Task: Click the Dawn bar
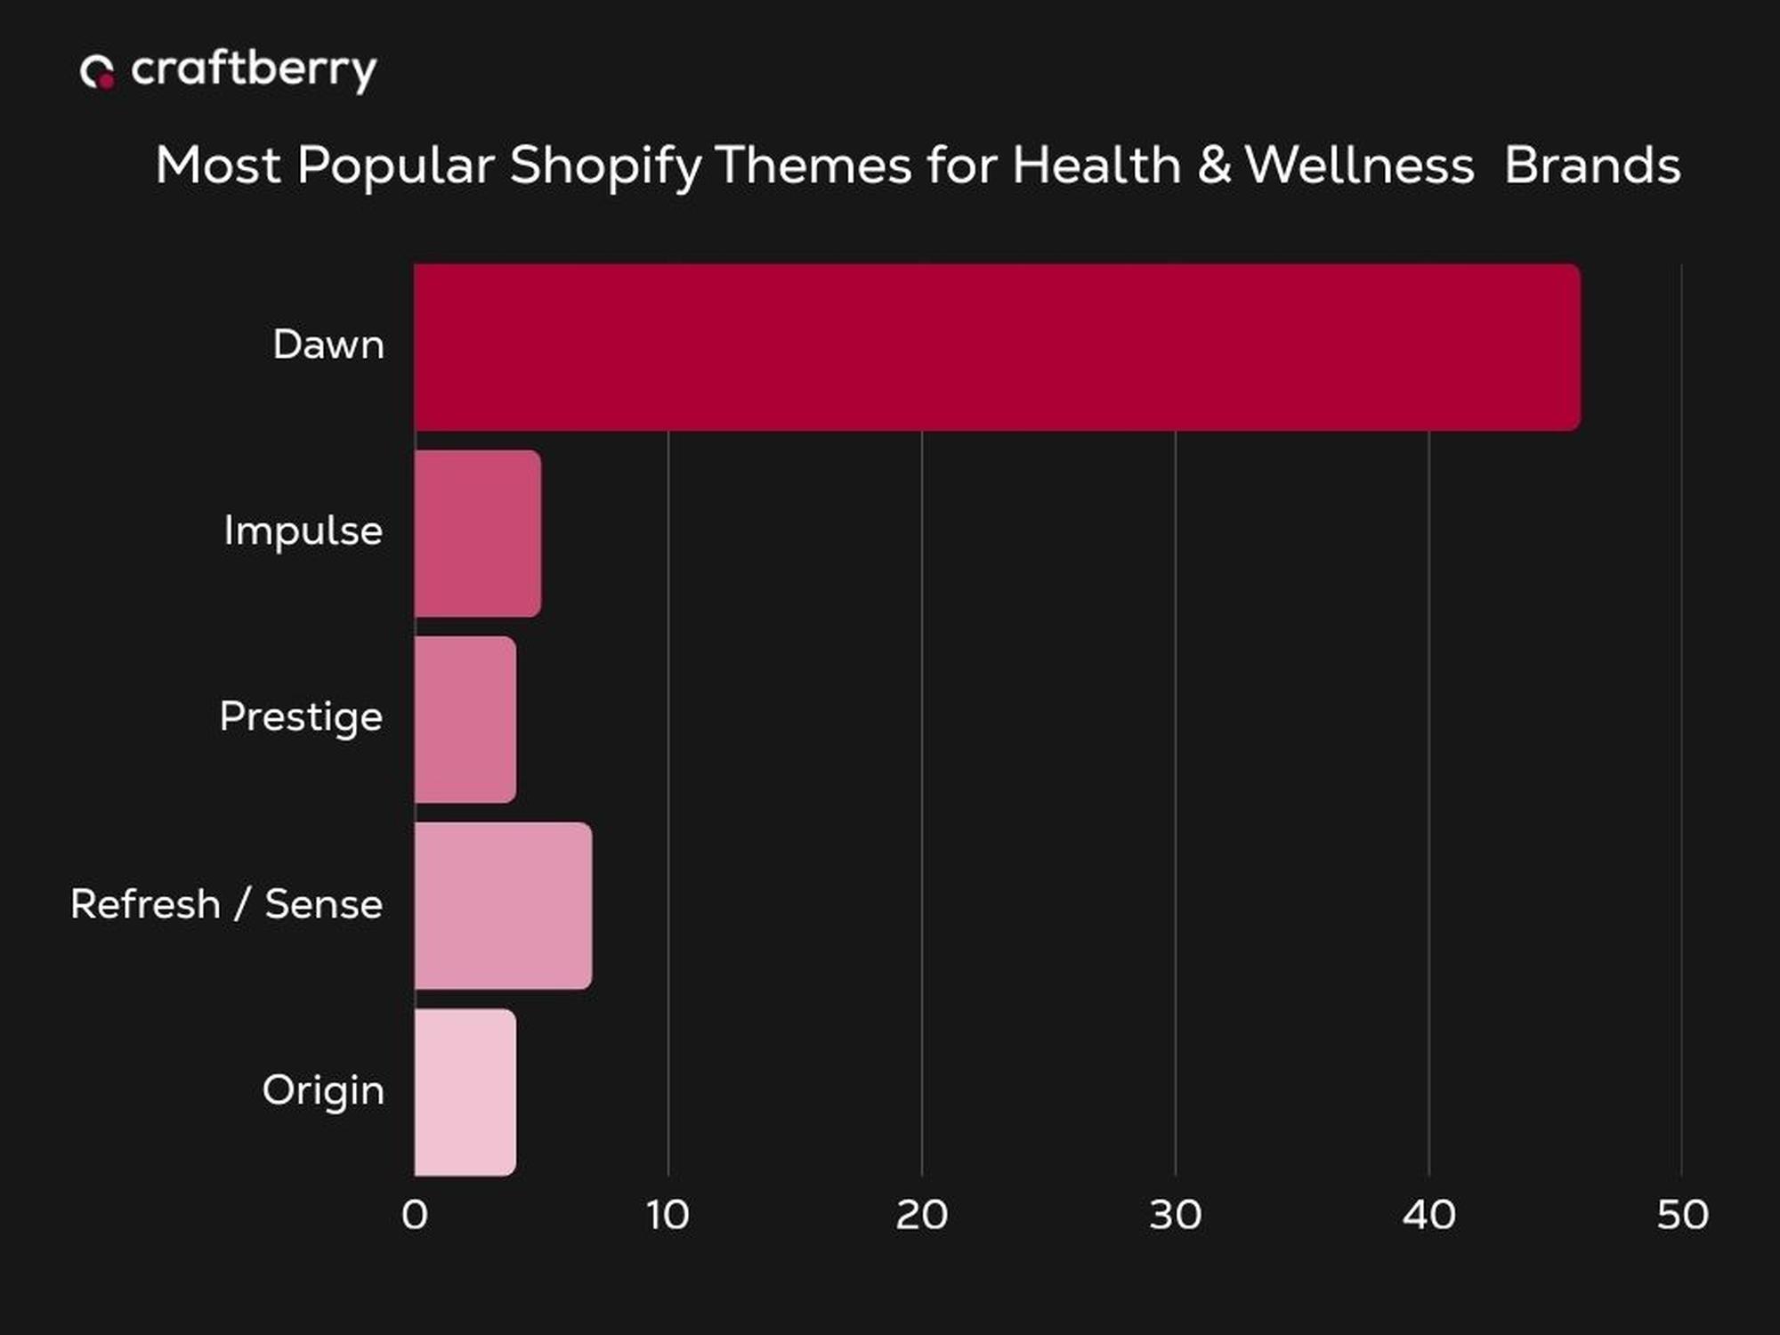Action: click(997, 347)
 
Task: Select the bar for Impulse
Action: click(478, 533)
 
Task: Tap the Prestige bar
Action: click(465, 719)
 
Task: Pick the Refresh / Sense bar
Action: click(503, 905)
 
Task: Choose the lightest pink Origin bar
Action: click(465, 1092)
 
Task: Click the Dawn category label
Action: click(328, 344)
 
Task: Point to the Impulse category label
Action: click(303, 530)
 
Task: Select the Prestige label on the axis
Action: click(301, 717)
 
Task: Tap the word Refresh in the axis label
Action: click(145, 904)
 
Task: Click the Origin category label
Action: click(323, 1091)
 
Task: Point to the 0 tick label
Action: click(415, 1215)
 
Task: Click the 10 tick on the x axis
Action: click(667, 1215)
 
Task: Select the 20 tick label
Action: click(921, 1215)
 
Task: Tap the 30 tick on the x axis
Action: click(1175, 1215)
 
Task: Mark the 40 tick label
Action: click(1428, 1215)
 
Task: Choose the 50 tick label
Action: click(1682, 1215)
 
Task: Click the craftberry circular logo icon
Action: click(97, 72)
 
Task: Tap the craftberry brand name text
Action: click(254, 70)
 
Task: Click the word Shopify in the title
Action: click(605, 166)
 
